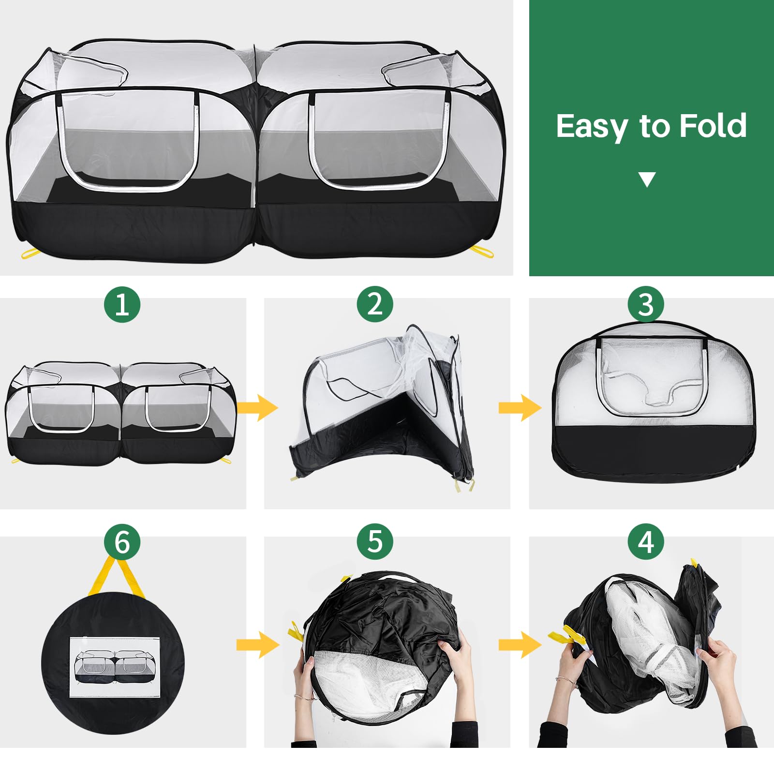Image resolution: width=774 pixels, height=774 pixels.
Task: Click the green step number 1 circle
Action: pos(122,305)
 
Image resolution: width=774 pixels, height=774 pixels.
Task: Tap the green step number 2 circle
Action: pos(375,304)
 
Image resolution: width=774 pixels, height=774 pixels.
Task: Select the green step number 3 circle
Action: pos(646,304)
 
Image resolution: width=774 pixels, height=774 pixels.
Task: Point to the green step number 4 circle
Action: pos(646,542)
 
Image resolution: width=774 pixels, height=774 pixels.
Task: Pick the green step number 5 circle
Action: pos(375,542)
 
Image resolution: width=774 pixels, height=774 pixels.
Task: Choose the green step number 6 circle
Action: pos(122,542)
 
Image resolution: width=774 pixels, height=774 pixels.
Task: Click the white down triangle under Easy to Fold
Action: pos(647,179)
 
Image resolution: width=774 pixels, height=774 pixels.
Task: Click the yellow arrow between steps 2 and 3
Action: pos(520,408)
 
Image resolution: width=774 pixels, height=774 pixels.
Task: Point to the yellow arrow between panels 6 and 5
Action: pos(258,644)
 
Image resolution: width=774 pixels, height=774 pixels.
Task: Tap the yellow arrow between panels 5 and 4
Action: pos(520,644)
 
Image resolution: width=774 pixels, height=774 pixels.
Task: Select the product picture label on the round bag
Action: pos(115,667)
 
